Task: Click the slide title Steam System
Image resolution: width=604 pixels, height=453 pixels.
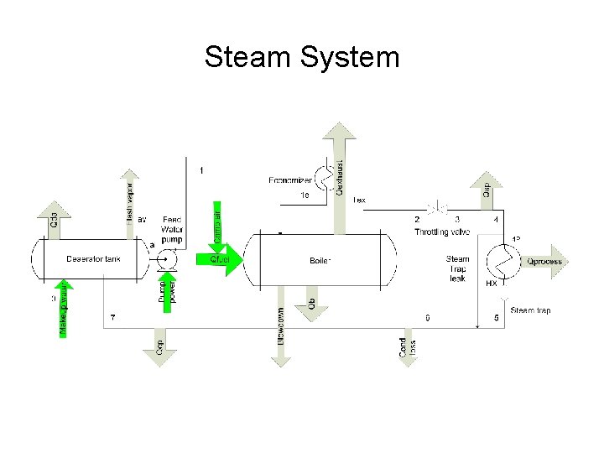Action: coord(302,58)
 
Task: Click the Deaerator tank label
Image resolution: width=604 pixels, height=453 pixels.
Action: coord(93,259)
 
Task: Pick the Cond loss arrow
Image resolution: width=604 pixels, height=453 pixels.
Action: coord(406,344)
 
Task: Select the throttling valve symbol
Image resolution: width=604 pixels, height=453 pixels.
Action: coord(437,206)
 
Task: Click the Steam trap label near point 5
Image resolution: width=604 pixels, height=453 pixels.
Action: coord(530,310)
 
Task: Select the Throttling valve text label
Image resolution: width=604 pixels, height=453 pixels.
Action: coord(442,231)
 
